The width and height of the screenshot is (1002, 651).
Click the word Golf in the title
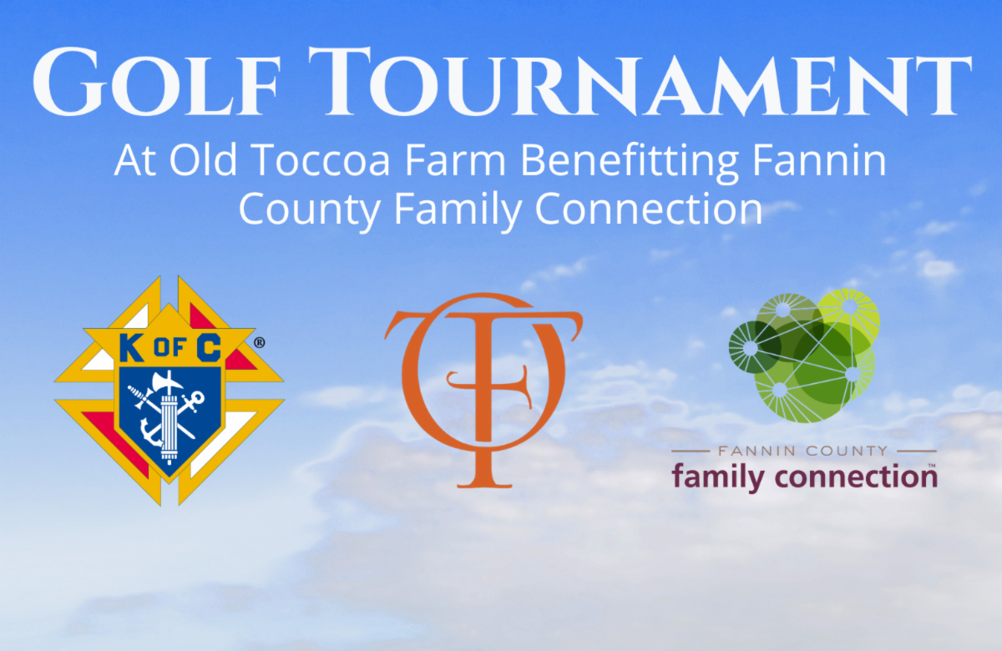[x=157, y=82]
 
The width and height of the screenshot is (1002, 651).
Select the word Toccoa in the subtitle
[x=321, y=160]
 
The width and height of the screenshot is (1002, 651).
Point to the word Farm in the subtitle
[x=455, y=160]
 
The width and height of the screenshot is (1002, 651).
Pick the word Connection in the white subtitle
[x=649, y=209]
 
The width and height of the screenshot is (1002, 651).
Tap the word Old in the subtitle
[x=203, y=159]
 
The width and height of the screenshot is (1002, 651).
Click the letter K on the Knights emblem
[x=132, y=348]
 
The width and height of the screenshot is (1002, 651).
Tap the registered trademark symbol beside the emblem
[x=259, y=343]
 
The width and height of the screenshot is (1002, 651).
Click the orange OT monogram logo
[x=483, y=390]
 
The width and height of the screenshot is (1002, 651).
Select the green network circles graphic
[x=804, y=356]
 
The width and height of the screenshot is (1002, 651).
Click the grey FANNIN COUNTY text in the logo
[x=803, y=451]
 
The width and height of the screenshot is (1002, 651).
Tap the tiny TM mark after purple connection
[x=932, y=466]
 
